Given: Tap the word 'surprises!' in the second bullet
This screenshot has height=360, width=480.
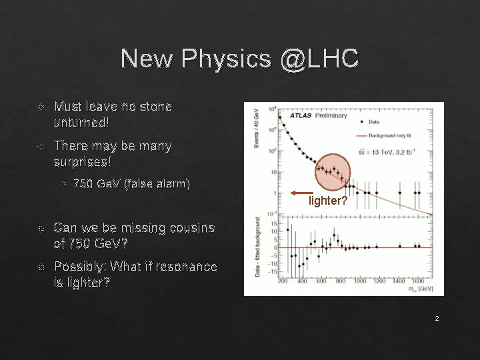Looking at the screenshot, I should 83,161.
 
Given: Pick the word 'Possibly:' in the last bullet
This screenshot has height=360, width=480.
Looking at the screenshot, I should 80,267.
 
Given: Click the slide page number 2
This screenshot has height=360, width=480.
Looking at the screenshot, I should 437,319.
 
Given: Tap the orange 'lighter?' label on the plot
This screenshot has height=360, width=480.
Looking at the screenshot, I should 327,199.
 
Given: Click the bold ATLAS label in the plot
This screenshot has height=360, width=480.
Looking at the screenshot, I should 298,115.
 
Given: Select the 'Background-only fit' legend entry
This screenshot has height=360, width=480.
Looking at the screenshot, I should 403,135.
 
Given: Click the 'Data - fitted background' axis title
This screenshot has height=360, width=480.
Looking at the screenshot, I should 257,248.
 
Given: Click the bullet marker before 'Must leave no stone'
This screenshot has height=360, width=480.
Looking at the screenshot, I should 41,106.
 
